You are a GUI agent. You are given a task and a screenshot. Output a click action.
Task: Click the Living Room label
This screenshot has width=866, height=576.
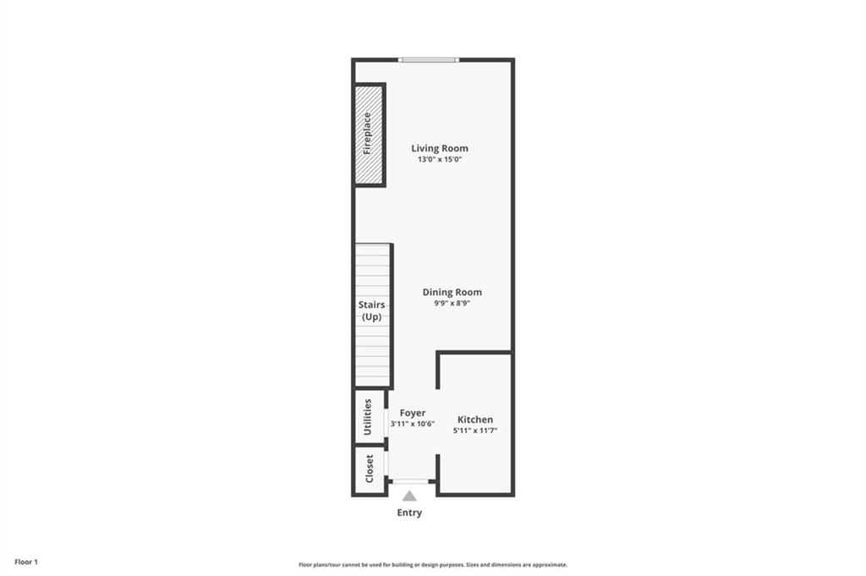(440, 148)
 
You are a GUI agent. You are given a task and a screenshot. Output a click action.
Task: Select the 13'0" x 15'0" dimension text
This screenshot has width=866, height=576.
(440, 159)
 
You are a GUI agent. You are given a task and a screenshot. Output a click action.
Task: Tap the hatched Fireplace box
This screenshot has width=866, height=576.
(369, 134)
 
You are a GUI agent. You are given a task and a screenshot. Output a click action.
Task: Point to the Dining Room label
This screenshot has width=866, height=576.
(452, 292)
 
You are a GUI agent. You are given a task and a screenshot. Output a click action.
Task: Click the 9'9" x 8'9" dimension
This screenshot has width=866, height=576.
(452, 303)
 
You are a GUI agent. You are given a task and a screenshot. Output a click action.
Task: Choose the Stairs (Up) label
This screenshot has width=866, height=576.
(372, 310)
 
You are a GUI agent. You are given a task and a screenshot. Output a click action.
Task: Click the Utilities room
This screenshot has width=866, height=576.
(369, 417)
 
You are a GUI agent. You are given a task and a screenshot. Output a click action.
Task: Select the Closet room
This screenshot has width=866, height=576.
(370, 469)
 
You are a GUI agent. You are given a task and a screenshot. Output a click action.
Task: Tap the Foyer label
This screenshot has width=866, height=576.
(413, 413)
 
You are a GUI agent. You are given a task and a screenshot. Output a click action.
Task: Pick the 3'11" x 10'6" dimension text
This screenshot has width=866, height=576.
(413, 424)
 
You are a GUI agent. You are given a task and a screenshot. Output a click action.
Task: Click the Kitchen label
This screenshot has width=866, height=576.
(475, 420)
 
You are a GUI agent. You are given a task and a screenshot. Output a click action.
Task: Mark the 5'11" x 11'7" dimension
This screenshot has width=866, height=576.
(475, 431)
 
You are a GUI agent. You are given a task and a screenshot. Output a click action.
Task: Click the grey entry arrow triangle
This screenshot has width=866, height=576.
(409, 496)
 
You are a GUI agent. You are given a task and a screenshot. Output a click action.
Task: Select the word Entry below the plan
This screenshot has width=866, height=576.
(409, 513)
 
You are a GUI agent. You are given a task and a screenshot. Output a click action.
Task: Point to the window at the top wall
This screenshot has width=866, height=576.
(429, 60)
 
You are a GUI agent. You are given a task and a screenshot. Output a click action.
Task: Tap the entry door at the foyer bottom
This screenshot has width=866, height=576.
(410, 481)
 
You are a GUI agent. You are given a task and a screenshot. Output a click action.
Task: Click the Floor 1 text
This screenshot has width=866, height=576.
(26, 562)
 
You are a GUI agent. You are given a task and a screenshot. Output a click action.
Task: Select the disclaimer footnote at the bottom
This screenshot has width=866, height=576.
(433, 565)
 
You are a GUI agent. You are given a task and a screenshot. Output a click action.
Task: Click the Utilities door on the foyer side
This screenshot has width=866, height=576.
(386, 421)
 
